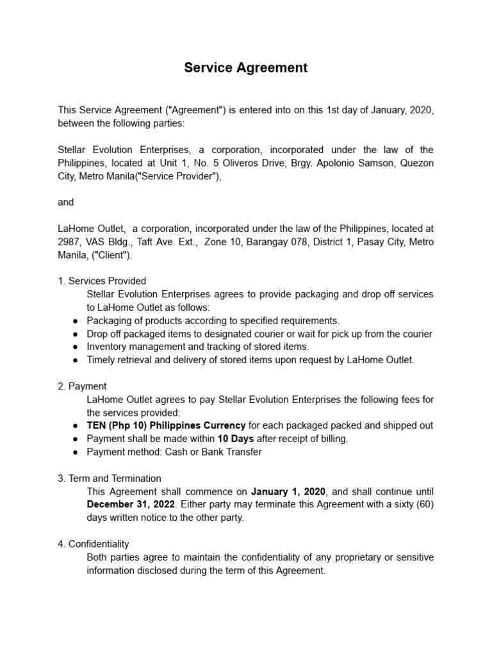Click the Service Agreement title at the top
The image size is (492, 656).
pos(246,68)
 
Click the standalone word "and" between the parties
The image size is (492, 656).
pos(65,202)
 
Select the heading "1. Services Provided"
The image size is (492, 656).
pos(102,281)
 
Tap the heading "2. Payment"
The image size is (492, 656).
pos(82,386)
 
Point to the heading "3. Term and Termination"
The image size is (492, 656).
pos(110,479)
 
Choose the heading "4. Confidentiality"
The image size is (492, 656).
pos(94,544)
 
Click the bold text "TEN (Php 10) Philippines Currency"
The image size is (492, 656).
pos(166,425)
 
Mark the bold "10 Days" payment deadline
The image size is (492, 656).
pos(236,439)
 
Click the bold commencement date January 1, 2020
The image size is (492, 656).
pos(288,492)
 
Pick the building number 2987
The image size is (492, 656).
pos(69,242)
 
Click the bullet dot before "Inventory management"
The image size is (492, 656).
pos(76,347)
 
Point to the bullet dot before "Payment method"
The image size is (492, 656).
pos(76,452)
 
